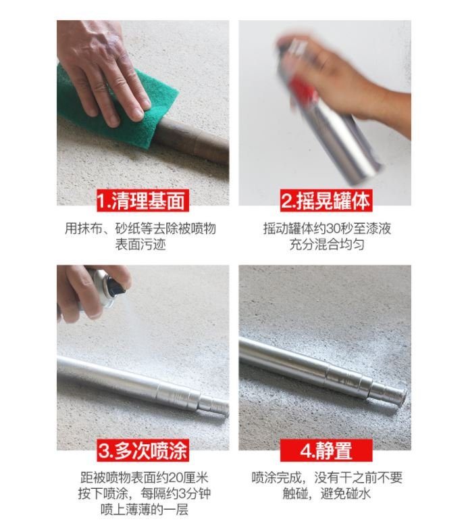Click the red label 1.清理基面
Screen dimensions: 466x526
(x=143, y=201)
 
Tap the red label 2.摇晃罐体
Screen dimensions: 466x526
(x=326, y=201)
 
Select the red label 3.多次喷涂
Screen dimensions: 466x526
(x=143, y=450)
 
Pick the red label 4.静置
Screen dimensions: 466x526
(x=326, y=450)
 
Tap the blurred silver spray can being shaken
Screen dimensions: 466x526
(x=328, y=114)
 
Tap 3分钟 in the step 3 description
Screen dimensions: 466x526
(x=194, y=494)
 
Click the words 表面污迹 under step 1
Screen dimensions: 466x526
(x=140, y=245)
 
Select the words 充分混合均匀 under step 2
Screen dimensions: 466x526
(x=327, y=245)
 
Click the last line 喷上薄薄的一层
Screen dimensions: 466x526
(x=145, y=510)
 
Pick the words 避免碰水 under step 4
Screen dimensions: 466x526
(x=346, y=494)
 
